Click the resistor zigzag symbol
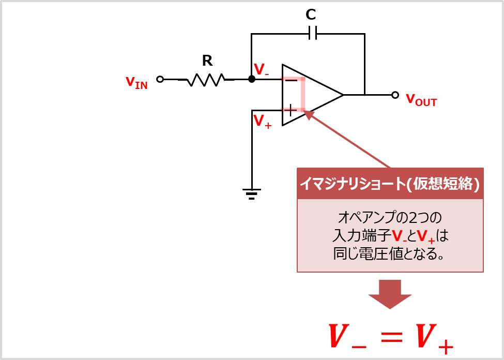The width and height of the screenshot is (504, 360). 205,80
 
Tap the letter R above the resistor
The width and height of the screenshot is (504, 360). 207,61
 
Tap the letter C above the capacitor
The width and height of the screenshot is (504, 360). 310,16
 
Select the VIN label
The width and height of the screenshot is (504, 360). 136,82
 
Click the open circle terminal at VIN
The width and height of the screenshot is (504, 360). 160,79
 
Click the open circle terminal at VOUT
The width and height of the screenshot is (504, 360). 395,95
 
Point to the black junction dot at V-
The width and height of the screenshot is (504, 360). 252,79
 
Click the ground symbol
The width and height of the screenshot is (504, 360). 252,194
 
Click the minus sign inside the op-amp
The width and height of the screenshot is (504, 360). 291,80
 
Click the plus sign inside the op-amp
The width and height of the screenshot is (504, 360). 291,110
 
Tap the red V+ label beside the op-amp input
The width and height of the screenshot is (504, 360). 262,122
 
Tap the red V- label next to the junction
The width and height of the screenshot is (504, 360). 261,70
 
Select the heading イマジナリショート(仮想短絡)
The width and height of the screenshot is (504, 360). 390,184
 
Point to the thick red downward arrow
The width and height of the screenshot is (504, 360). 390,294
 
